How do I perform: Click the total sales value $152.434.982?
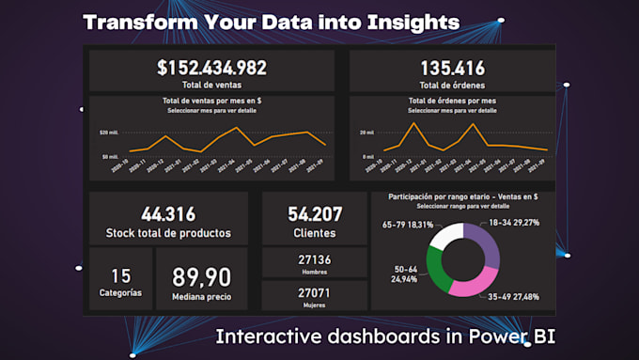(x=211, y=68)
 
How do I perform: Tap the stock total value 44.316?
(x=169, y=214)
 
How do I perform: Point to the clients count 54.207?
(x=315, y=214)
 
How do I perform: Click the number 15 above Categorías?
(x=120, y=275)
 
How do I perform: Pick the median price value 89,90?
(x=202, y=277)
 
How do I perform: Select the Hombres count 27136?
(x=314, y=259)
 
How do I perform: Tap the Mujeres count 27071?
(x=314, y=292)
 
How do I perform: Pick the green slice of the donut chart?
(x=438, y=271)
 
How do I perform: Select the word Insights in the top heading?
(x=413, y=21)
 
